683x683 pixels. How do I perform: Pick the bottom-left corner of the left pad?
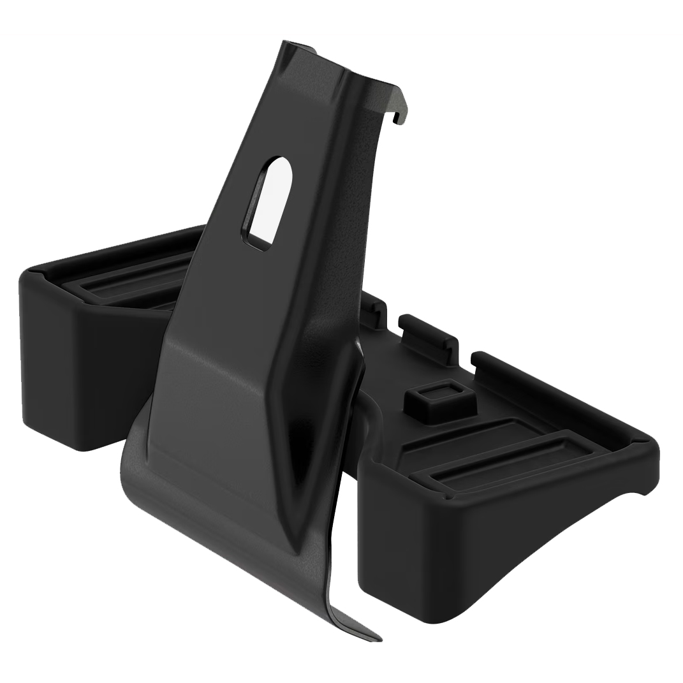38,434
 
